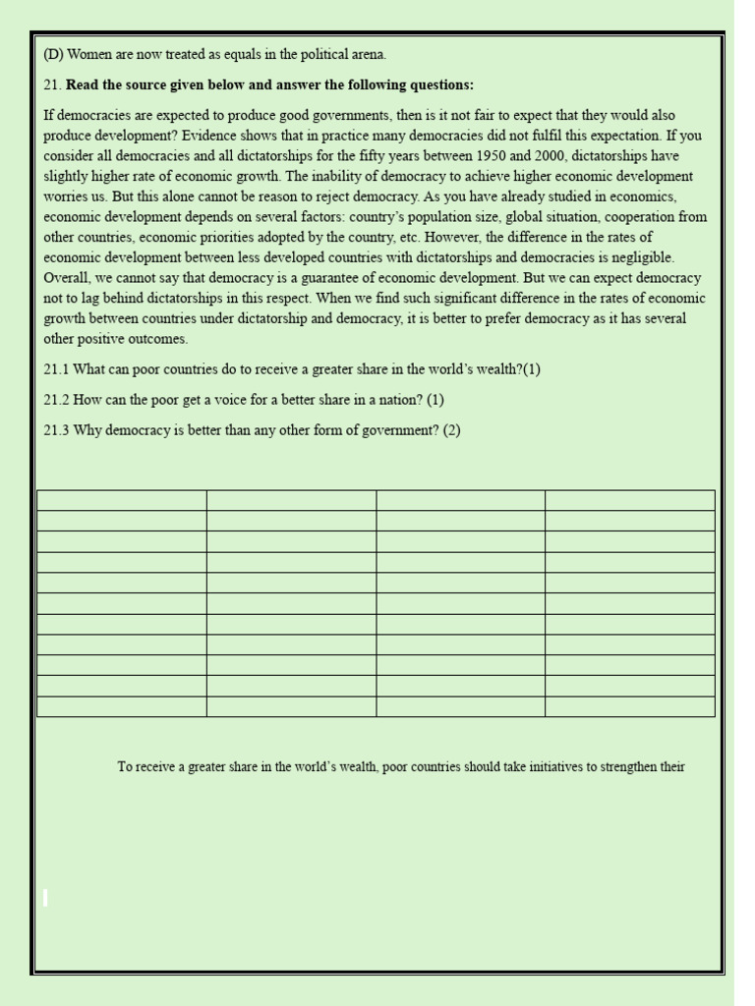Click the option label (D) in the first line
click(53, 55)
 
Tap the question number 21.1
click(56, 369)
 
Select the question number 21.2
click(56, 400)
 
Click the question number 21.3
click(56, 430)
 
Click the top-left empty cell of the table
click(121, 500)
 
